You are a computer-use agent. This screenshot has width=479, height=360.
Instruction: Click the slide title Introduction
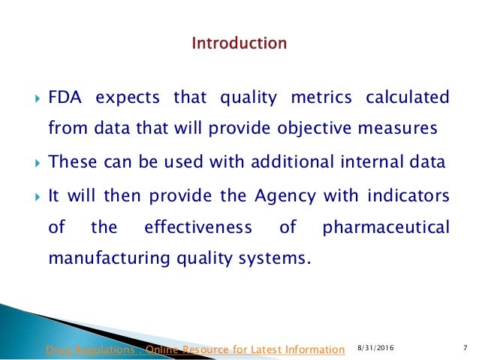(x=239, y=44)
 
